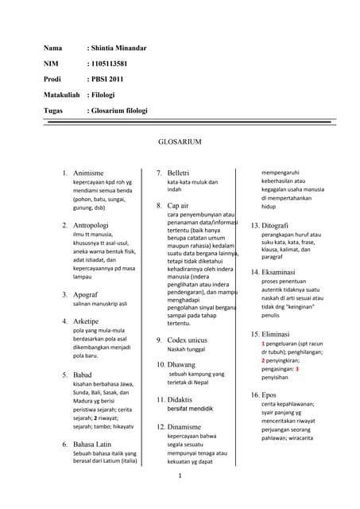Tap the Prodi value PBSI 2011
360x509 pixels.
coord(109,80)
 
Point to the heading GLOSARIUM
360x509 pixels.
coord(180,142)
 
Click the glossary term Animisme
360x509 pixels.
coord(88,173)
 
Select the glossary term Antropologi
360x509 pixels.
coord(91,226)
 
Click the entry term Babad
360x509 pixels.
coord(83,374)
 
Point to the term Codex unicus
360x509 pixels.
coord(188,340)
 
